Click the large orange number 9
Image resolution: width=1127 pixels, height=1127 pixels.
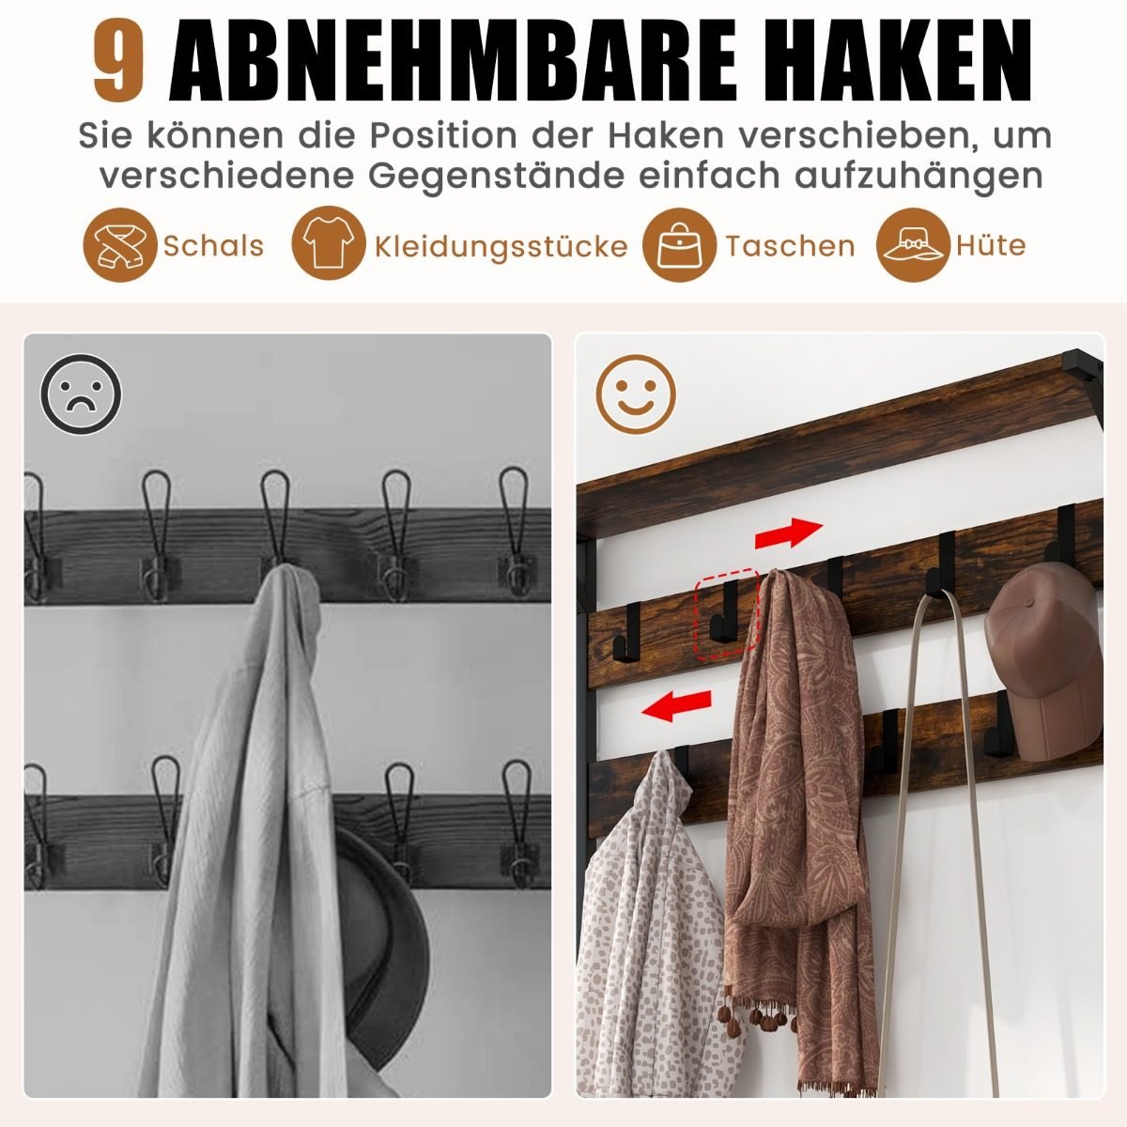click(x=118, y=60)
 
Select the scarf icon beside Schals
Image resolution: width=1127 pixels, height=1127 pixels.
click(x=120, y=245)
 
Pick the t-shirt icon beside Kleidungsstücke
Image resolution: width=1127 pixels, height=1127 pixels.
click(x=329, y=242)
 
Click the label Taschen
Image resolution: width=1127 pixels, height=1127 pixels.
click(x=790, y=246)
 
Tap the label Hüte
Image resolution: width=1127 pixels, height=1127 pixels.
click(x=991, y=245)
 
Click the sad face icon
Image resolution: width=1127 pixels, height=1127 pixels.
click(x=82, y=394)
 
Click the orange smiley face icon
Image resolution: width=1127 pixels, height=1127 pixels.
click(x=636, y=394)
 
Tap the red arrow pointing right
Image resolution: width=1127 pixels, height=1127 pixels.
click(x=789, y=533)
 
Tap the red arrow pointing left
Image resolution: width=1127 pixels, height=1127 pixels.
click(x=676, y=706)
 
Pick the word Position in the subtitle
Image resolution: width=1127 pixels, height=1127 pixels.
click(x=443, y=135)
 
